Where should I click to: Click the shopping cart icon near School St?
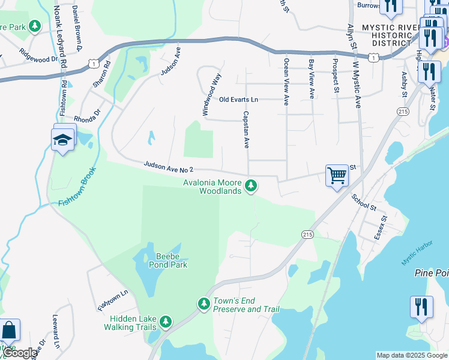coord(337,176)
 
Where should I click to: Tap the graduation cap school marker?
coord(63,139)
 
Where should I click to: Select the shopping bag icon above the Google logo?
coord(9,331)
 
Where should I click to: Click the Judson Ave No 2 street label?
coord(168,167)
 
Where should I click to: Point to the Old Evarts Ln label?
coord(238,100)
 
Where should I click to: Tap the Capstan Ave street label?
coord(246,129)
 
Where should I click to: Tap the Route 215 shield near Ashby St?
coord(402,112)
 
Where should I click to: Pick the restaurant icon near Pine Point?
coord(421,307)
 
